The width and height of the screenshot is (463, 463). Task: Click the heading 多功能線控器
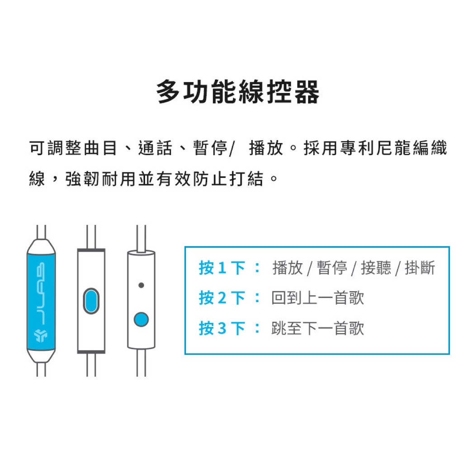238,91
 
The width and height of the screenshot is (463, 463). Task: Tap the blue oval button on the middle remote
91,301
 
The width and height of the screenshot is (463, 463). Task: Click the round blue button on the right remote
141,319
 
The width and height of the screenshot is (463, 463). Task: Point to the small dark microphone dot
141,285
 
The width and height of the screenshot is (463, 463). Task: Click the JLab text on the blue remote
41,293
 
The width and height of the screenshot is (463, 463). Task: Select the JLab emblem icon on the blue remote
41,335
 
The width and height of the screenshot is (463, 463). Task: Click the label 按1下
222,268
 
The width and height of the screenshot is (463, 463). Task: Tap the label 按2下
222,298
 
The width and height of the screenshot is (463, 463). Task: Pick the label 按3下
222,328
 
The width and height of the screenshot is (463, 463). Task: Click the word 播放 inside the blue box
288,268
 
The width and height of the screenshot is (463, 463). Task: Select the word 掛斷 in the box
420,268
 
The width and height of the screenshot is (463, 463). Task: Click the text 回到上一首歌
318,298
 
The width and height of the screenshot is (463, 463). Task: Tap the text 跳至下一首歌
318,328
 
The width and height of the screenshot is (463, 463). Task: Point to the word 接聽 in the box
376,268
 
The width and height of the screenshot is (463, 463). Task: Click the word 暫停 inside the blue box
332,268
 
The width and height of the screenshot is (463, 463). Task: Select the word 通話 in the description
156,148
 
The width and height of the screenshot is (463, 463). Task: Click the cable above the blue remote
41,232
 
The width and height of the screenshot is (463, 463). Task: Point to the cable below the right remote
141,363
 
